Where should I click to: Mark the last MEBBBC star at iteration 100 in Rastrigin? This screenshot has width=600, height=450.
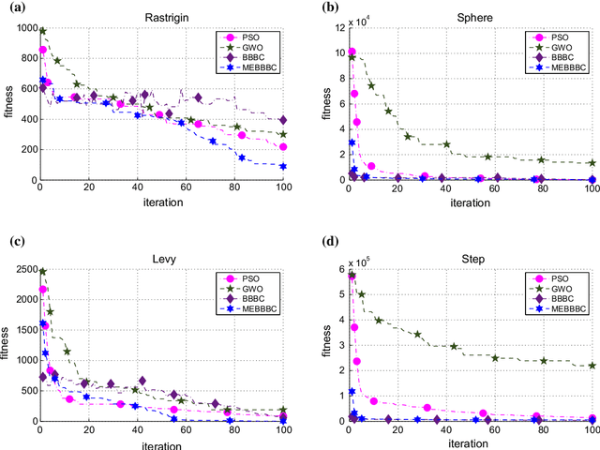coord(282,167)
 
